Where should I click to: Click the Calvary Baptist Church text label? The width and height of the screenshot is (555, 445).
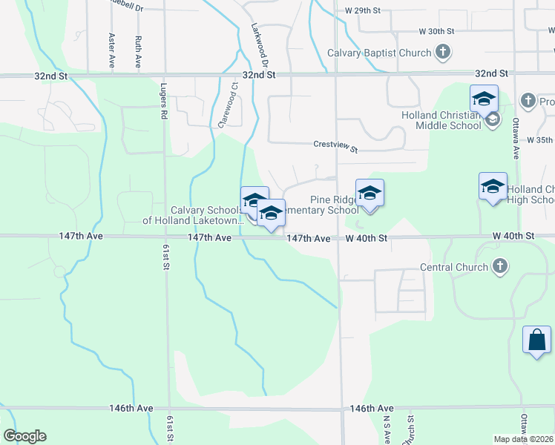[379, 53]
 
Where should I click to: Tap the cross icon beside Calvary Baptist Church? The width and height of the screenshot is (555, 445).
[443, 53]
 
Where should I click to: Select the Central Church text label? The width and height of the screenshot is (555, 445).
[454, 267]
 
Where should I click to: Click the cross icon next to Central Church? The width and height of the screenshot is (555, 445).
[500, 267]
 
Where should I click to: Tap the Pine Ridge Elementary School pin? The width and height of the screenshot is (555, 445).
[370, 194]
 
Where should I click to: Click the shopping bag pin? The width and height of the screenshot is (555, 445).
[536, 340]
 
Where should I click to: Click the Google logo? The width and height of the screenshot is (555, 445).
[25, 436]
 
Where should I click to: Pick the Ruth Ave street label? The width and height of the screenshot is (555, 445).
[139, 49]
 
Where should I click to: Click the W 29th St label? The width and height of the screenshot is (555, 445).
[363, 11]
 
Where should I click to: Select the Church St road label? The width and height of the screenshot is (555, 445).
[410, 429]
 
